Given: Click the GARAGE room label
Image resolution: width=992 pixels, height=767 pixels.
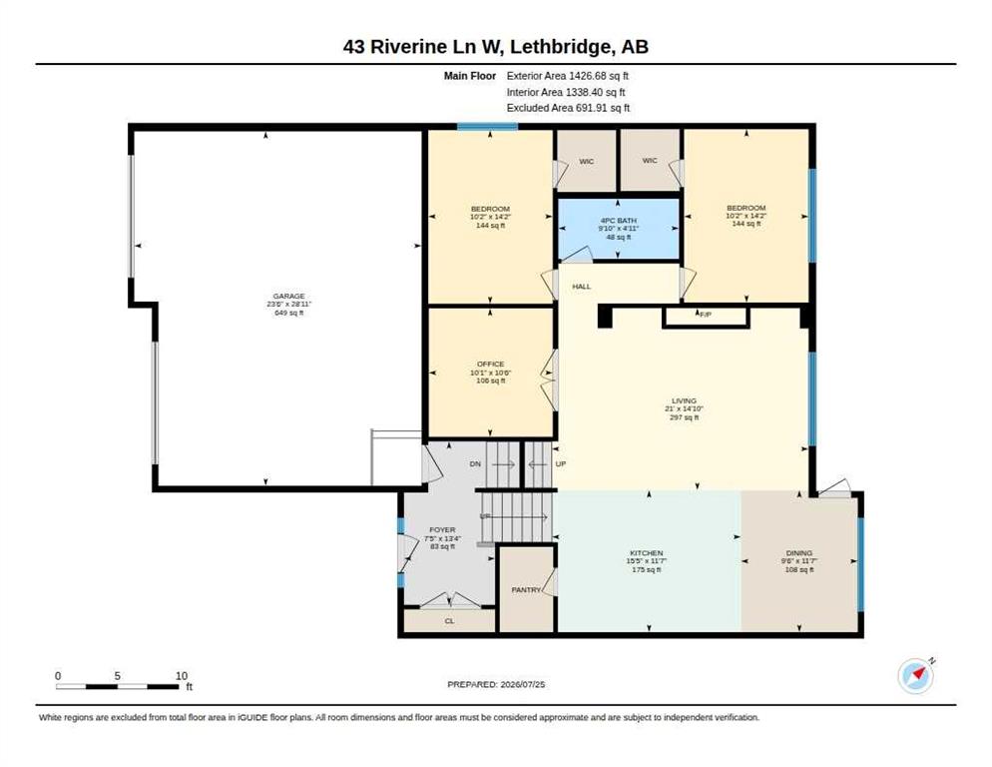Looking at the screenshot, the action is (289, 296).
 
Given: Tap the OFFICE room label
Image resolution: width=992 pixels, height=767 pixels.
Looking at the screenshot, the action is (490, 365).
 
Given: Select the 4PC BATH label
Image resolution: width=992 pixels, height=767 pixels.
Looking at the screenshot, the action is (618, 221).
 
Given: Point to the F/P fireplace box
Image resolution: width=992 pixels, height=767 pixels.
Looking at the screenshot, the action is (706, 317).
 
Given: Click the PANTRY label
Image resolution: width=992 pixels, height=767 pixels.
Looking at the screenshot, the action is (526, 589).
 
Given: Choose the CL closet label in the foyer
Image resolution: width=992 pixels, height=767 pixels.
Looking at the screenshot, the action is (450, 621).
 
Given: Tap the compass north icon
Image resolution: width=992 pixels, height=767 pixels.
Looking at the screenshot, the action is (916, 676).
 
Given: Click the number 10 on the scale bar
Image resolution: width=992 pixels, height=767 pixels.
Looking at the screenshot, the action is (182, 676).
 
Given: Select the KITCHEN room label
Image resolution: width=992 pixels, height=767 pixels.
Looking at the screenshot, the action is (646, 553).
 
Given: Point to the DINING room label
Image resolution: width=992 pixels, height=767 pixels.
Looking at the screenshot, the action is (799, 553).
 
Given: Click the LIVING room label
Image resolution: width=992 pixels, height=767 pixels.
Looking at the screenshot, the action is (684, 400).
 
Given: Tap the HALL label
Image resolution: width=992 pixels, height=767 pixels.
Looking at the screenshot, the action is (582, 287).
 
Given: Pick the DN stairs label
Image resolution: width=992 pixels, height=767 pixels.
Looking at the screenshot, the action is (475, 464).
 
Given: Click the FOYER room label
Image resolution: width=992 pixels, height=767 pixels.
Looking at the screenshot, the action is (442, 530).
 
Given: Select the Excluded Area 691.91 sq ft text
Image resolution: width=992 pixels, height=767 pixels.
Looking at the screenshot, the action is (568, 108).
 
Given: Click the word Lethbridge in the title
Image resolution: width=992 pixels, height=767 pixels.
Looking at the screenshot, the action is (561, 47).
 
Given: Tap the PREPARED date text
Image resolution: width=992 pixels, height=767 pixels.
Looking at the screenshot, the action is (496, 685).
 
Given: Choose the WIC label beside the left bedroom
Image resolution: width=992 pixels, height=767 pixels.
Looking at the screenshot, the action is (587, 162).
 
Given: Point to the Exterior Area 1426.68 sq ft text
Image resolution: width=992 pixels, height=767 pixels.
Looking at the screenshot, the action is (568, 76).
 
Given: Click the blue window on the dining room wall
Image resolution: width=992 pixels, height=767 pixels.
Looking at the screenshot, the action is (860, 564).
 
